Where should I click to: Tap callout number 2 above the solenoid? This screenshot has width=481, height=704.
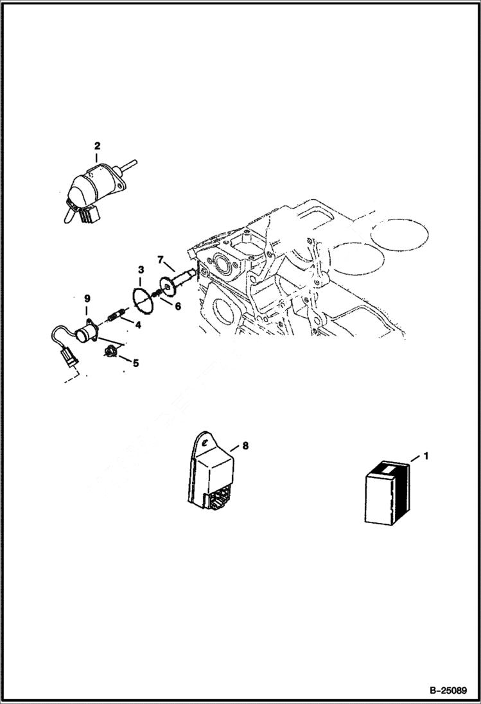96,145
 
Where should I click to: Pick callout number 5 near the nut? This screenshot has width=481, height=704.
136,362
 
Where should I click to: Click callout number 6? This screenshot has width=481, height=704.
177,306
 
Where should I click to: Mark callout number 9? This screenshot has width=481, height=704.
87,298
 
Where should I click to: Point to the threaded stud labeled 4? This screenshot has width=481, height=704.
116,316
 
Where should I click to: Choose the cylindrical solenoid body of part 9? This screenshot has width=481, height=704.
85,333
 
